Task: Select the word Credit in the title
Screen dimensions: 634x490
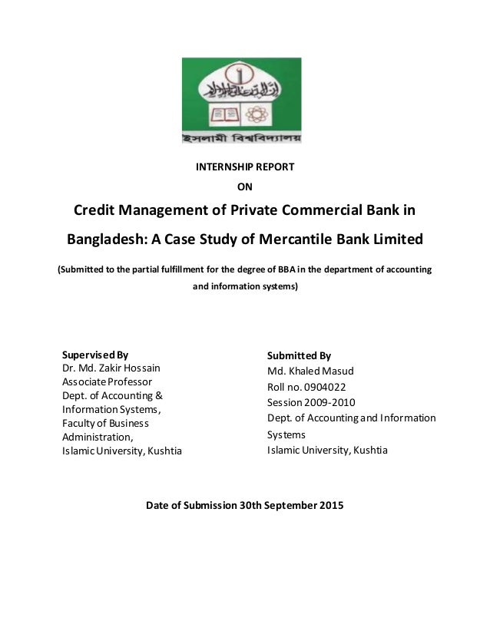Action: click(x=97, y=211)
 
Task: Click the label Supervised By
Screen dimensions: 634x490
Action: click(x=95, y=355)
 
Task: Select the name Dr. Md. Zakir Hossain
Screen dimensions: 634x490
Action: click(x=111, y=368)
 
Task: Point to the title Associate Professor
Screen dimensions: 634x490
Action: click(x=107, y=381)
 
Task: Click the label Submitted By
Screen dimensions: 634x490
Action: click(x=299, y=356)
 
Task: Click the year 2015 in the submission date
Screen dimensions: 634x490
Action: click(x=332, y=506)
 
